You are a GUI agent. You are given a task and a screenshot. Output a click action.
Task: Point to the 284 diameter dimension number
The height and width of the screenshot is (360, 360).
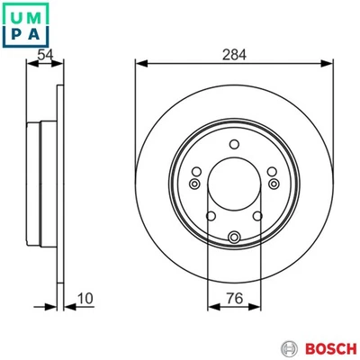[x=234, y=55]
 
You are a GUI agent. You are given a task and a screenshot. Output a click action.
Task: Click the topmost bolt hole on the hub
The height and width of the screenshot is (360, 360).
[x=234, y=147]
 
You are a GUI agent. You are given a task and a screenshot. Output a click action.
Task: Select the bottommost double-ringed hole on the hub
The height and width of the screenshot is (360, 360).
[x=234, y=238]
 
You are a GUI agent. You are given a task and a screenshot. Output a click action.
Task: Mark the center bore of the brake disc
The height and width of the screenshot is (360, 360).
[x=234, y=192]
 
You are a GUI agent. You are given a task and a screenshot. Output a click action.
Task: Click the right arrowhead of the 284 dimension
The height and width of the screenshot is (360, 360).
[x=330, y=64]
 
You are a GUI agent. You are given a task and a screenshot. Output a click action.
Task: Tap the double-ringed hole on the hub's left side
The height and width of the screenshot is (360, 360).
[x=196, y=184]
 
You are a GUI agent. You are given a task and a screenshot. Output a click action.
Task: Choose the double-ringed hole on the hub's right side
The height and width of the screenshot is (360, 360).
[x=272, y=184]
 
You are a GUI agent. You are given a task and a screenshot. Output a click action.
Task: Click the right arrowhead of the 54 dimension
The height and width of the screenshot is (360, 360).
[x=63, y=64]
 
